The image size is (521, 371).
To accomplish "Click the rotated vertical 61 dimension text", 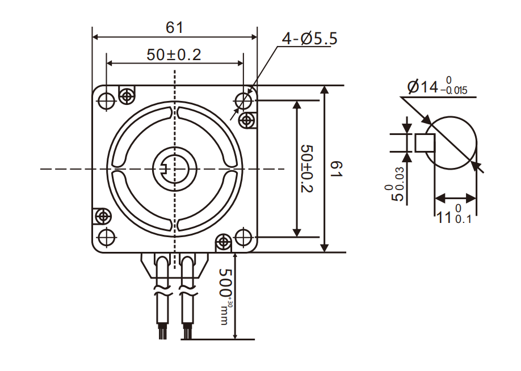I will click(336, 168).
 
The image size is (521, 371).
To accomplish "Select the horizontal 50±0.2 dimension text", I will click(174, 54).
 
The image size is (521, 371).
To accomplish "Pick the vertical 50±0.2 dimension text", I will click(307, 168).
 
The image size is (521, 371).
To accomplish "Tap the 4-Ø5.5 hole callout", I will click(309, 39).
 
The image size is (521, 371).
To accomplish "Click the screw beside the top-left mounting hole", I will click(126, 95).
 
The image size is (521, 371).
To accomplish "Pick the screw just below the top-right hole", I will click(246, 120).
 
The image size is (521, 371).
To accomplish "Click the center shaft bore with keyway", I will click(174, 168).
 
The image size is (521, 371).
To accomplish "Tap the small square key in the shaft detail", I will click(425, 143).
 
